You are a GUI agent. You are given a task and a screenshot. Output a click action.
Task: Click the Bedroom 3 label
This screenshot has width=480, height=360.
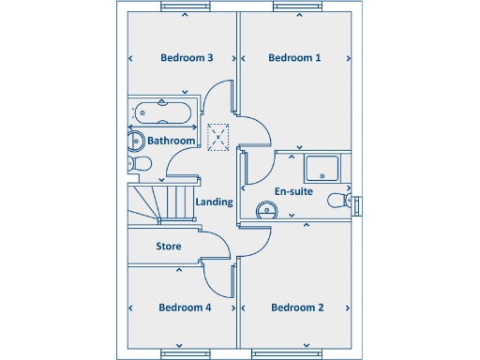pyautogui.click(x=187, y=58)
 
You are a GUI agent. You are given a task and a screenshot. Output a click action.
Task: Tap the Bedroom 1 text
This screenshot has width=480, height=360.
pyautogui.click(x=295, y=58)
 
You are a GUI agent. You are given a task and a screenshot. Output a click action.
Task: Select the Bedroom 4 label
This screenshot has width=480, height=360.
pyautogui.click(x=185, y=307)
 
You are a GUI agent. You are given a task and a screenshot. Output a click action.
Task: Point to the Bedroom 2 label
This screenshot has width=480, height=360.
pyautogui.click(x=297, y=307)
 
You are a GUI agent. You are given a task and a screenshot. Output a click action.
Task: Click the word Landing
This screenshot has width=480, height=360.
pyautogui.click(x=214, y=202)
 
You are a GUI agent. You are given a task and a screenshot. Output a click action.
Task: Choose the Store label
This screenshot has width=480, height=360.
pyautogui.click(x=169, y=247)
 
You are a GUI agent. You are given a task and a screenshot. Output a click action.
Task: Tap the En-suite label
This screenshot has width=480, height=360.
pyautogui.click(x=292, y=191)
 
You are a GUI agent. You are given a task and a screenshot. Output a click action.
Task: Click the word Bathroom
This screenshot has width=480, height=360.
pyautogui.click(x=172, y=141)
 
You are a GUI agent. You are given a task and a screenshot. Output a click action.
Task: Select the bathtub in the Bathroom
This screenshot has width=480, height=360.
pyautogui.click(x=163, y=112)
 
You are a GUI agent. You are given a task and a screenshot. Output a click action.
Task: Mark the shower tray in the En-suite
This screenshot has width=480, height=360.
pyautogui.click(x=323, y=169)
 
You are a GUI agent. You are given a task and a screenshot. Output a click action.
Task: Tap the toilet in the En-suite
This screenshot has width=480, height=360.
pyautogui.click(x=338, y=200)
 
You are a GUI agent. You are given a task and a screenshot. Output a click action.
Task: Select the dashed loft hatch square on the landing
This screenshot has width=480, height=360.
pyautogui.click(x=217, y=137)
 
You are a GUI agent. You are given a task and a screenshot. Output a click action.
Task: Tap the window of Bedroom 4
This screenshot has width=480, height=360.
pyautogui.click(x=185, y=353)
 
